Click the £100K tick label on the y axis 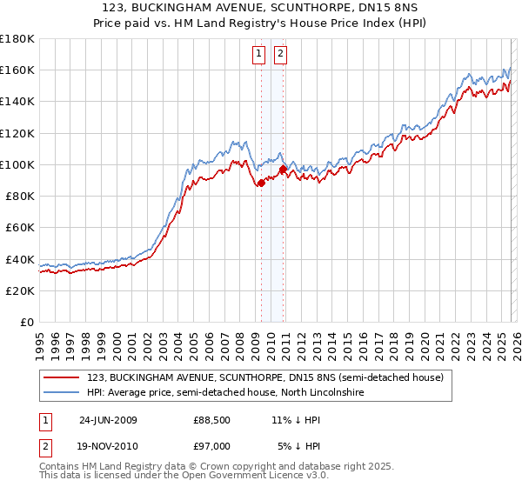pos(17,164)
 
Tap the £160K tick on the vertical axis pos(17,70)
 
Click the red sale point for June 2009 pos(261,183)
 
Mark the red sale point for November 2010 pos(283,169)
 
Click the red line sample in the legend pos(61,377)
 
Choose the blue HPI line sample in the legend pos(61,393)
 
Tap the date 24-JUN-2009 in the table pos(109,420)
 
